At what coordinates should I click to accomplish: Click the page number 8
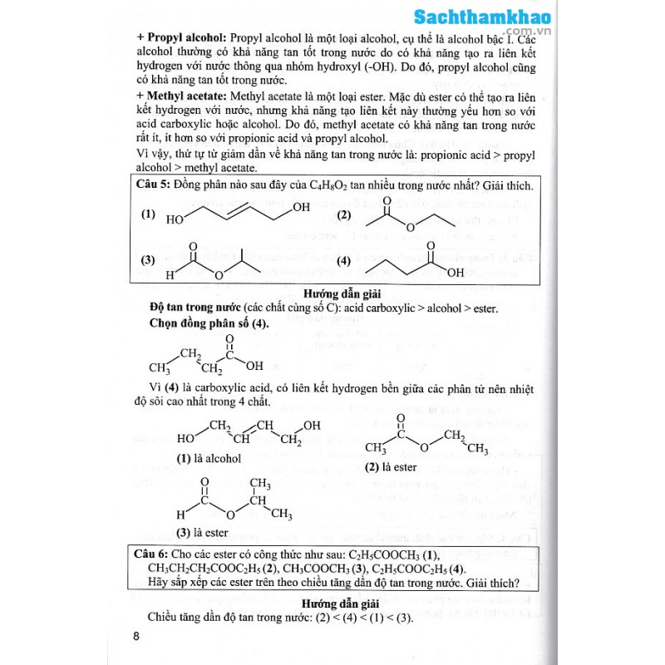136,637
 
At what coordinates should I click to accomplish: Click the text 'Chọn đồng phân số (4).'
209,323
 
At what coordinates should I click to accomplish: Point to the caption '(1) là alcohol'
209,457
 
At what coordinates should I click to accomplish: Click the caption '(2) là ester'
391,467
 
